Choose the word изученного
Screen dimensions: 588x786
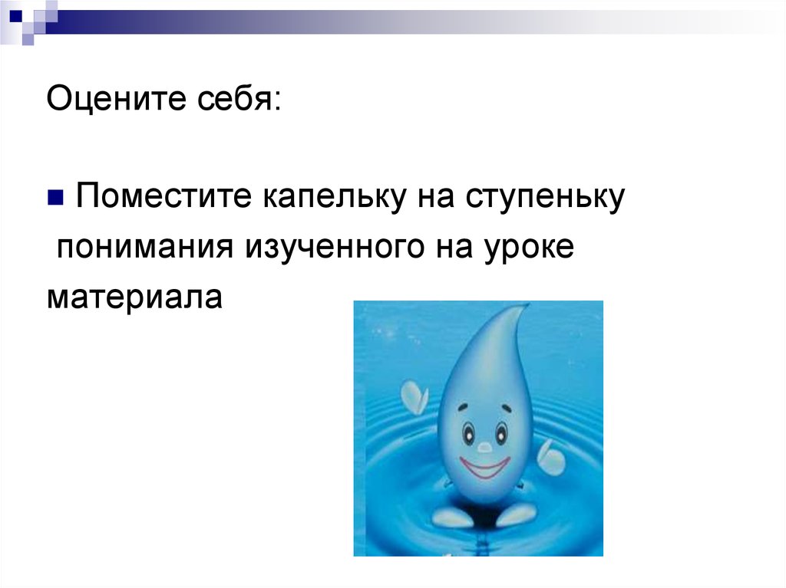pos(340,248)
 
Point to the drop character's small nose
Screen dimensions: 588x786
pos(484,445)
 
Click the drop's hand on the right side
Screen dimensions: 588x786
pos(550,458)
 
